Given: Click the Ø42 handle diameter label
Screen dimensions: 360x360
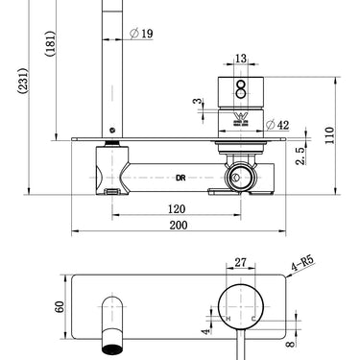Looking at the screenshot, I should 273,124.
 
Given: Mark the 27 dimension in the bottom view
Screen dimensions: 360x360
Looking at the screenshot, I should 241,260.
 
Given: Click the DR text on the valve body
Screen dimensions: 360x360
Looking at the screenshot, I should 180,177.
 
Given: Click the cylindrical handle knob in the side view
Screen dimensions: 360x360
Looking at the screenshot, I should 240,96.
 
